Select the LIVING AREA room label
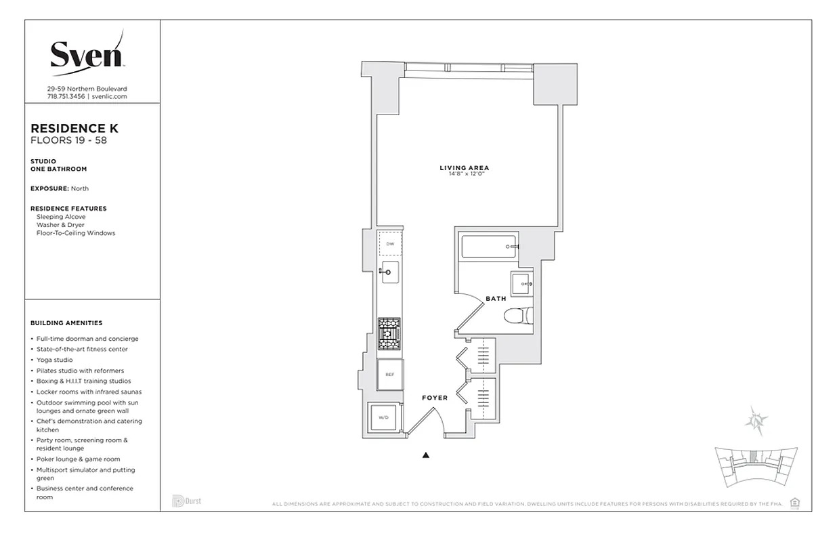tap(464, 168)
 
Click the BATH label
tap(495, 299)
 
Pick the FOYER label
tap(435, 398)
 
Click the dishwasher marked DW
tap(389, 244)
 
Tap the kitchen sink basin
tap(389, 272)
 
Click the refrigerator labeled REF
tap(389, 375)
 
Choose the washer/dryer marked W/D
tap(383, 418)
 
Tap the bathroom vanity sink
tap(522, 284)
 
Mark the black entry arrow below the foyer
tap(426, 455)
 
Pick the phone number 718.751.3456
tap(66, 97)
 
